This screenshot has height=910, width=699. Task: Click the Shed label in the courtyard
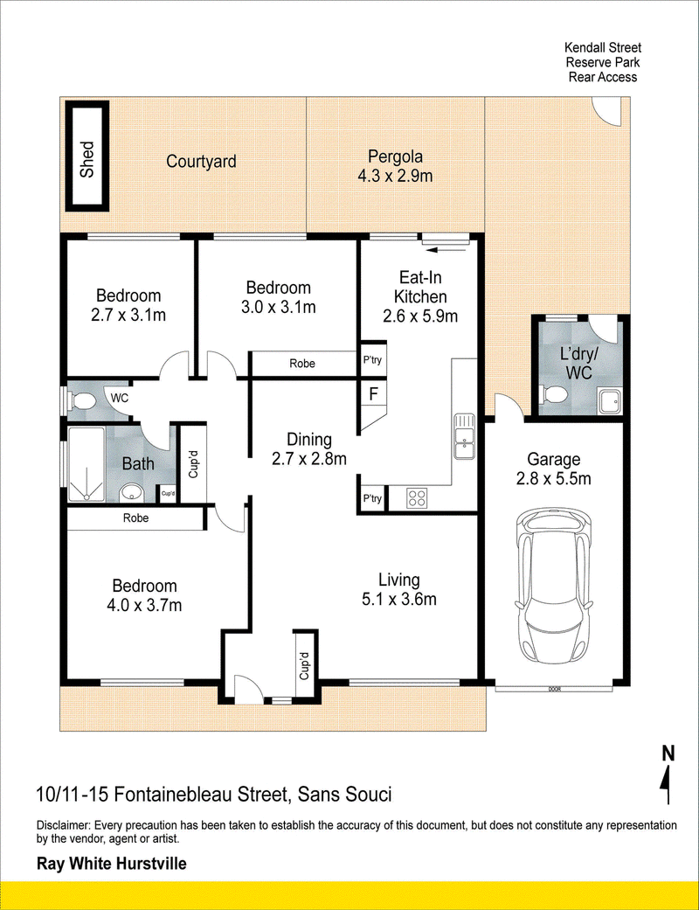click(87, 159)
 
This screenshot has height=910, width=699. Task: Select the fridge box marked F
click(373, 394)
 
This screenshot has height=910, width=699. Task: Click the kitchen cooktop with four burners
click(417, 498)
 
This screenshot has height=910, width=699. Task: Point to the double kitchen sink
click(464, 436)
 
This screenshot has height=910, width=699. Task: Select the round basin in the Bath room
click(131, 493)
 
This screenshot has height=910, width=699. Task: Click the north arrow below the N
click(668, 784)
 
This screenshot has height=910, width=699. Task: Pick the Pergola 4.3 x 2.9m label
click(395, 166)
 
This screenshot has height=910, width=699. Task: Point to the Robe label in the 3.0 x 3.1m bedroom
click(302, 364)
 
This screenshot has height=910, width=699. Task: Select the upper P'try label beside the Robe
click(372, 360)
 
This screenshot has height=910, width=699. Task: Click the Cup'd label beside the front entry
click(305, 665)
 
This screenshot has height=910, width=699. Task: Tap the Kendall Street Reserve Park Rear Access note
click(603, 62)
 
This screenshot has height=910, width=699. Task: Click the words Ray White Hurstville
click(111, 864)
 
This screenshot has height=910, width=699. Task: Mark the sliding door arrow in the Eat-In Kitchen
click(446, 250)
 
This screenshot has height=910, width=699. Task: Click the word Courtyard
click(201, 162)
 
